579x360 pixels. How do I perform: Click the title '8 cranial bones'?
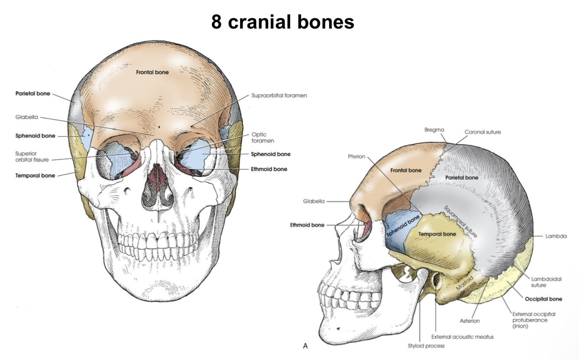[283, 22]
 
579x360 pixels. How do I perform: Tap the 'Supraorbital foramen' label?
[279, 95]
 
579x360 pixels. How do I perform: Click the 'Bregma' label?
[434, 130]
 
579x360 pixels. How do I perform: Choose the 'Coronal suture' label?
[482, 132]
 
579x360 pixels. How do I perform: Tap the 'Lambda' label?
[556, 236]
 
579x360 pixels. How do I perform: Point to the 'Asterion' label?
[470, 321]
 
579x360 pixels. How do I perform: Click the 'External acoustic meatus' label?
[462, 337]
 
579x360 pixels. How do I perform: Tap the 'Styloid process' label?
[426, 346]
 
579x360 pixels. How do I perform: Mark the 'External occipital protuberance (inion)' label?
[533, 320]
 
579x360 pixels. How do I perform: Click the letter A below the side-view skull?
[305, 346]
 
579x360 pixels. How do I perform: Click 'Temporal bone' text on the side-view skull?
[437, 234]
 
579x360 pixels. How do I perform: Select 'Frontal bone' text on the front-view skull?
[152, 72]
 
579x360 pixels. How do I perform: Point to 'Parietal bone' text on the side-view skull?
[462, 178]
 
